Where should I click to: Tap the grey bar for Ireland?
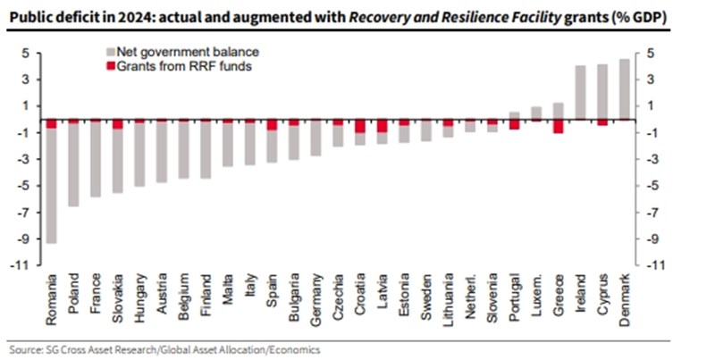click(579, 92)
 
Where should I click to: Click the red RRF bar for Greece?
click(558, 126)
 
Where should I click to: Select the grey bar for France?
click(97, 161)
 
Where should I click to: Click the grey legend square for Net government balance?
click(111, 54)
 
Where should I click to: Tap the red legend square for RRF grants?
click(111, 66)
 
